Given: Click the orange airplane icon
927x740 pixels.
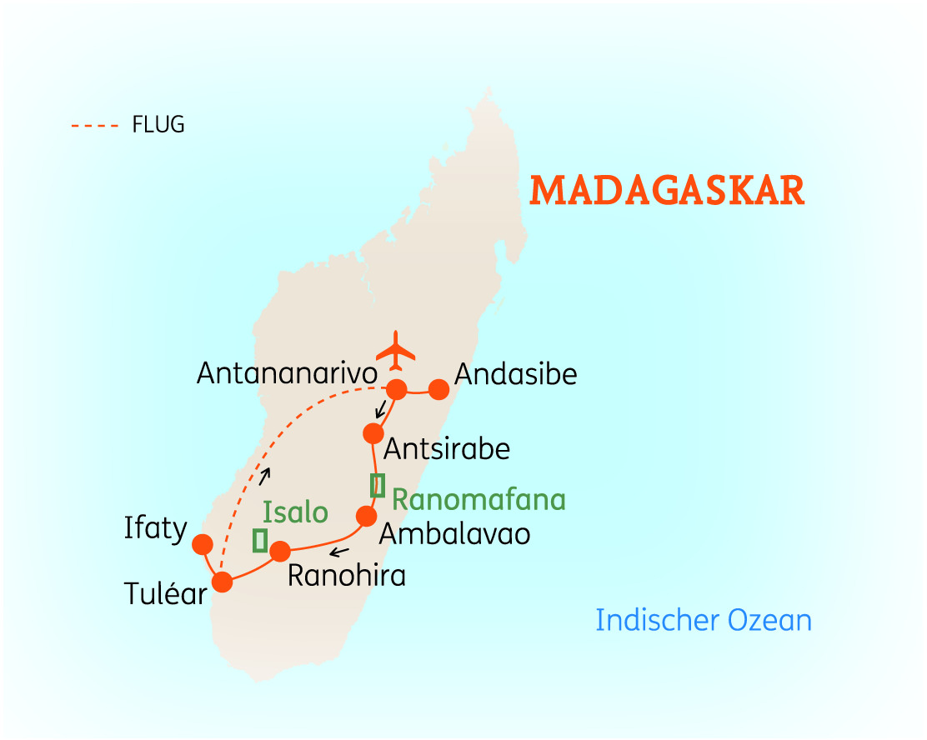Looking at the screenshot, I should point(396,351).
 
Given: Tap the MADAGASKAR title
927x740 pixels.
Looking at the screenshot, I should point(667,191).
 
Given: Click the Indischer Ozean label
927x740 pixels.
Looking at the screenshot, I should point(704,621).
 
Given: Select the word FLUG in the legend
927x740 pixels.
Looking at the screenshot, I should point(158,126).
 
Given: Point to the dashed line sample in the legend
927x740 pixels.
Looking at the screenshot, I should point(96,127).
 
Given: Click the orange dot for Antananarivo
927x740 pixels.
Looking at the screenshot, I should point(396,389).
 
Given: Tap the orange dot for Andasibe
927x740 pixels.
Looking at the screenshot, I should point(438,389).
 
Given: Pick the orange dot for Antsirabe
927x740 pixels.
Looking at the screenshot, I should point(373,433).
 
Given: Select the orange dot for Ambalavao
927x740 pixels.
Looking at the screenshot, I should point(366,517).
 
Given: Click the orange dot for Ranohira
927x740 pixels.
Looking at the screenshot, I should point(280,551).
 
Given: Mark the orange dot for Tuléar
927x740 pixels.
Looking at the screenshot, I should point(222,581).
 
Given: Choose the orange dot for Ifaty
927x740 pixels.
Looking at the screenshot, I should point(202,544).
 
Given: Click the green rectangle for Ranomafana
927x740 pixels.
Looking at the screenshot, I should point(378,485).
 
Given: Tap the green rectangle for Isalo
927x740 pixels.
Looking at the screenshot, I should point(260,541).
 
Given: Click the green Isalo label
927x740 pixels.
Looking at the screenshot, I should point(295,512).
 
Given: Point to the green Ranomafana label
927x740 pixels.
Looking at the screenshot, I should point(479,500).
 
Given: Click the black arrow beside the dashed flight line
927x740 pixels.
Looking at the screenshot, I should point(267,474).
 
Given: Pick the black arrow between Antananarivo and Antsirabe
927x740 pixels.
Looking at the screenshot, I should point(380,409).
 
